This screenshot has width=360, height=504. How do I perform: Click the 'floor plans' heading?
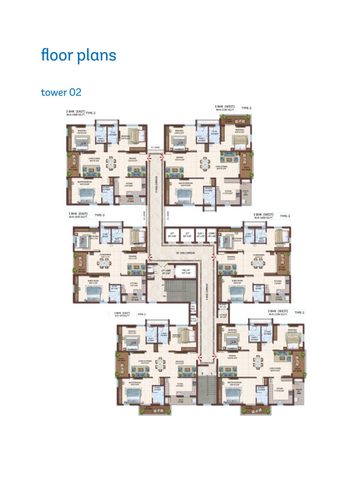click(x=79, y=55)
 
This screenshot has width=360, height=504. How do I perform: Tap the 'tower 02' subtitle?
click(x=61, y=92)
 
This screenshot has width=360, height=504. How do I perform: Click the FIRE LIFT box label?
click(x=186, y=272)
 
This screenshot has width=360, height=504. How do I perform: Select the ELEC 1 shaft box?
click(x=201, y=235)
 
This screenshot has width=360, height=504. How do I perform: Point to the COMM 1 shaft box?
click(x=212, y=235)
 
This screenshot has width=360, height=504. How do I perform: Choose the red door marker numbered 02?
click(x=213, y=257)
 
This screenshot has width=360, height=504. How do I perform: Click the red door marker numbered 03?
click(x=213, y=355)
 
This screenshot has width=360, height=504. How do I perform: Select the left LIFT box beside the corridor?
click(x=172, y=235)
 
